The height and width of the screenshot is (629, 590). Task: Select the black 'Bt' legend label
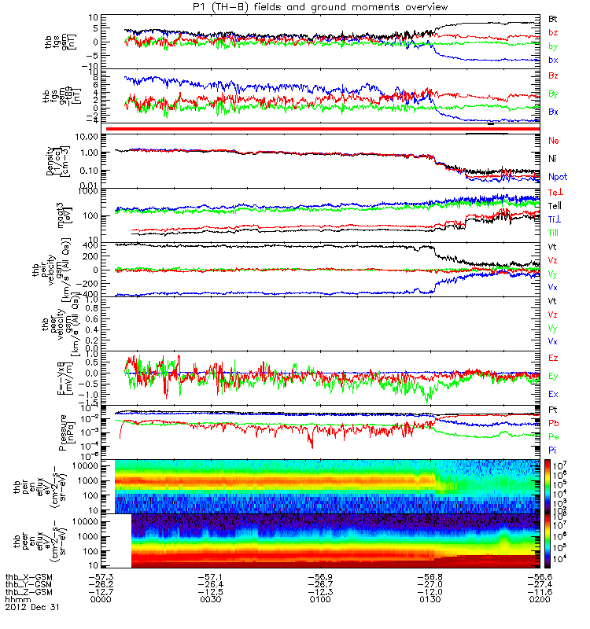(553, 17)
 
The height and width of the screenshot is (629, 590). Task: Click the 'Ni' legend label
(552, 159)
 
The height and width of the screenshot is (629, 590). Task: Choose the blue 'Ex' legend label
(553, 393)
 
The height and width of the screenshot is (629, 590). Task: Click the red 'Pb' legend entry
(553, 424)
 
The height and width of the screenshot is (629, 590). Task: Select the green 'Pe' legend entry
(553, 436)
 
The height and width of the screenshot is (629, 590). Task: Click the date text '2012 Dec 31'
(31, 607)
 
